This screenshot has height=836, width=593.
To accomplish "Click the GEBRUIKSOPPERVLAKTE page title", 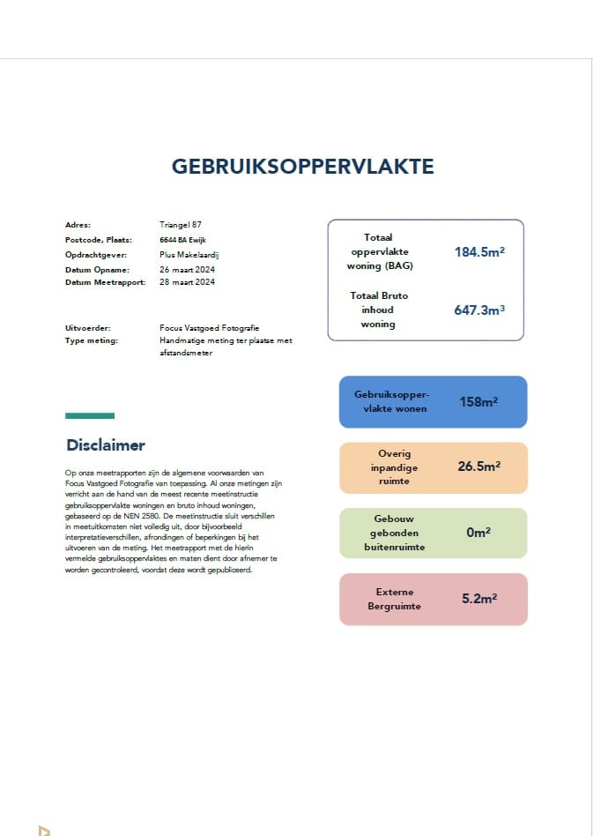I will coord(302,167).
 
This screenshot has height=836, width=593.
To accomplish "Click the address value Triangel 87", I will coord(181,225).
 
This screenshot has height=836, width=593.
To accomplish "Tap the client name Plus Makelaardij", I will coord(188,254).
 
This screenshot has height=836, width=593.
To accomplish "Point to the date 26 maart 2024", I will coord(188,269).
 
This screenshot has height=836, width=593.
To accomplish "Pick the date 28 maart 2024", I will coord(188,282).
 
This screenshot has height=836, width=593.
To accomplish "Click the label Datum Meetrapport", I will coord(106,282).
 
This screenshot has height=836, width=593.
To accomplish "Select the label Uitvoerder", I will coord(86,328).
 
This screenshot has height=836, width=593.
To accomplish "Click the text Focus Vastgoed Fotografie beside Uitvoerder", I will coord(210,328).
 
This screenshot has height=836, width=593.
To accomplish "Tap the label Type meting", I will coord(92,340).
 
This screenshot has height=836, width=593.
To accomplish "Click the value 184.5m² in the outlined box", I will coord(479,251).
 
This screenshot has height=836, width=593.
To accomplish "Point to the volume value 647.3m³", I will coord(479,310).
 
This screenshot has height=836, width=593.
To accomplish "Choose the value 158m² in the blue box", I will coord(478,402).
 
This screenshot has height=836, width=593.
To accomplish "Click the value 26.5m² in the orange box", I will coord(478,467).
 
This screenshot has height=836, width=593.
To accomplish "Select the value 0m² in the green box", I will coord(478,533).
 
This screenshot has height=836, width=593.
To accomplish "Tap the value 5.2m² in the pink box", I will coord(479,599).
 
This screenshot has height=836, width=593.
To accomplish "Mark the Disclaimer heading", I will coord(106,445).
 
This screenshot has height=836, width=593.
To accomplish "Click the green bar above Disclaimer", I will coord(90,415).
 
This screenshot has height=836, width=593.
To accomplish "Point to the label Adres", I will coord(78,225).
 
